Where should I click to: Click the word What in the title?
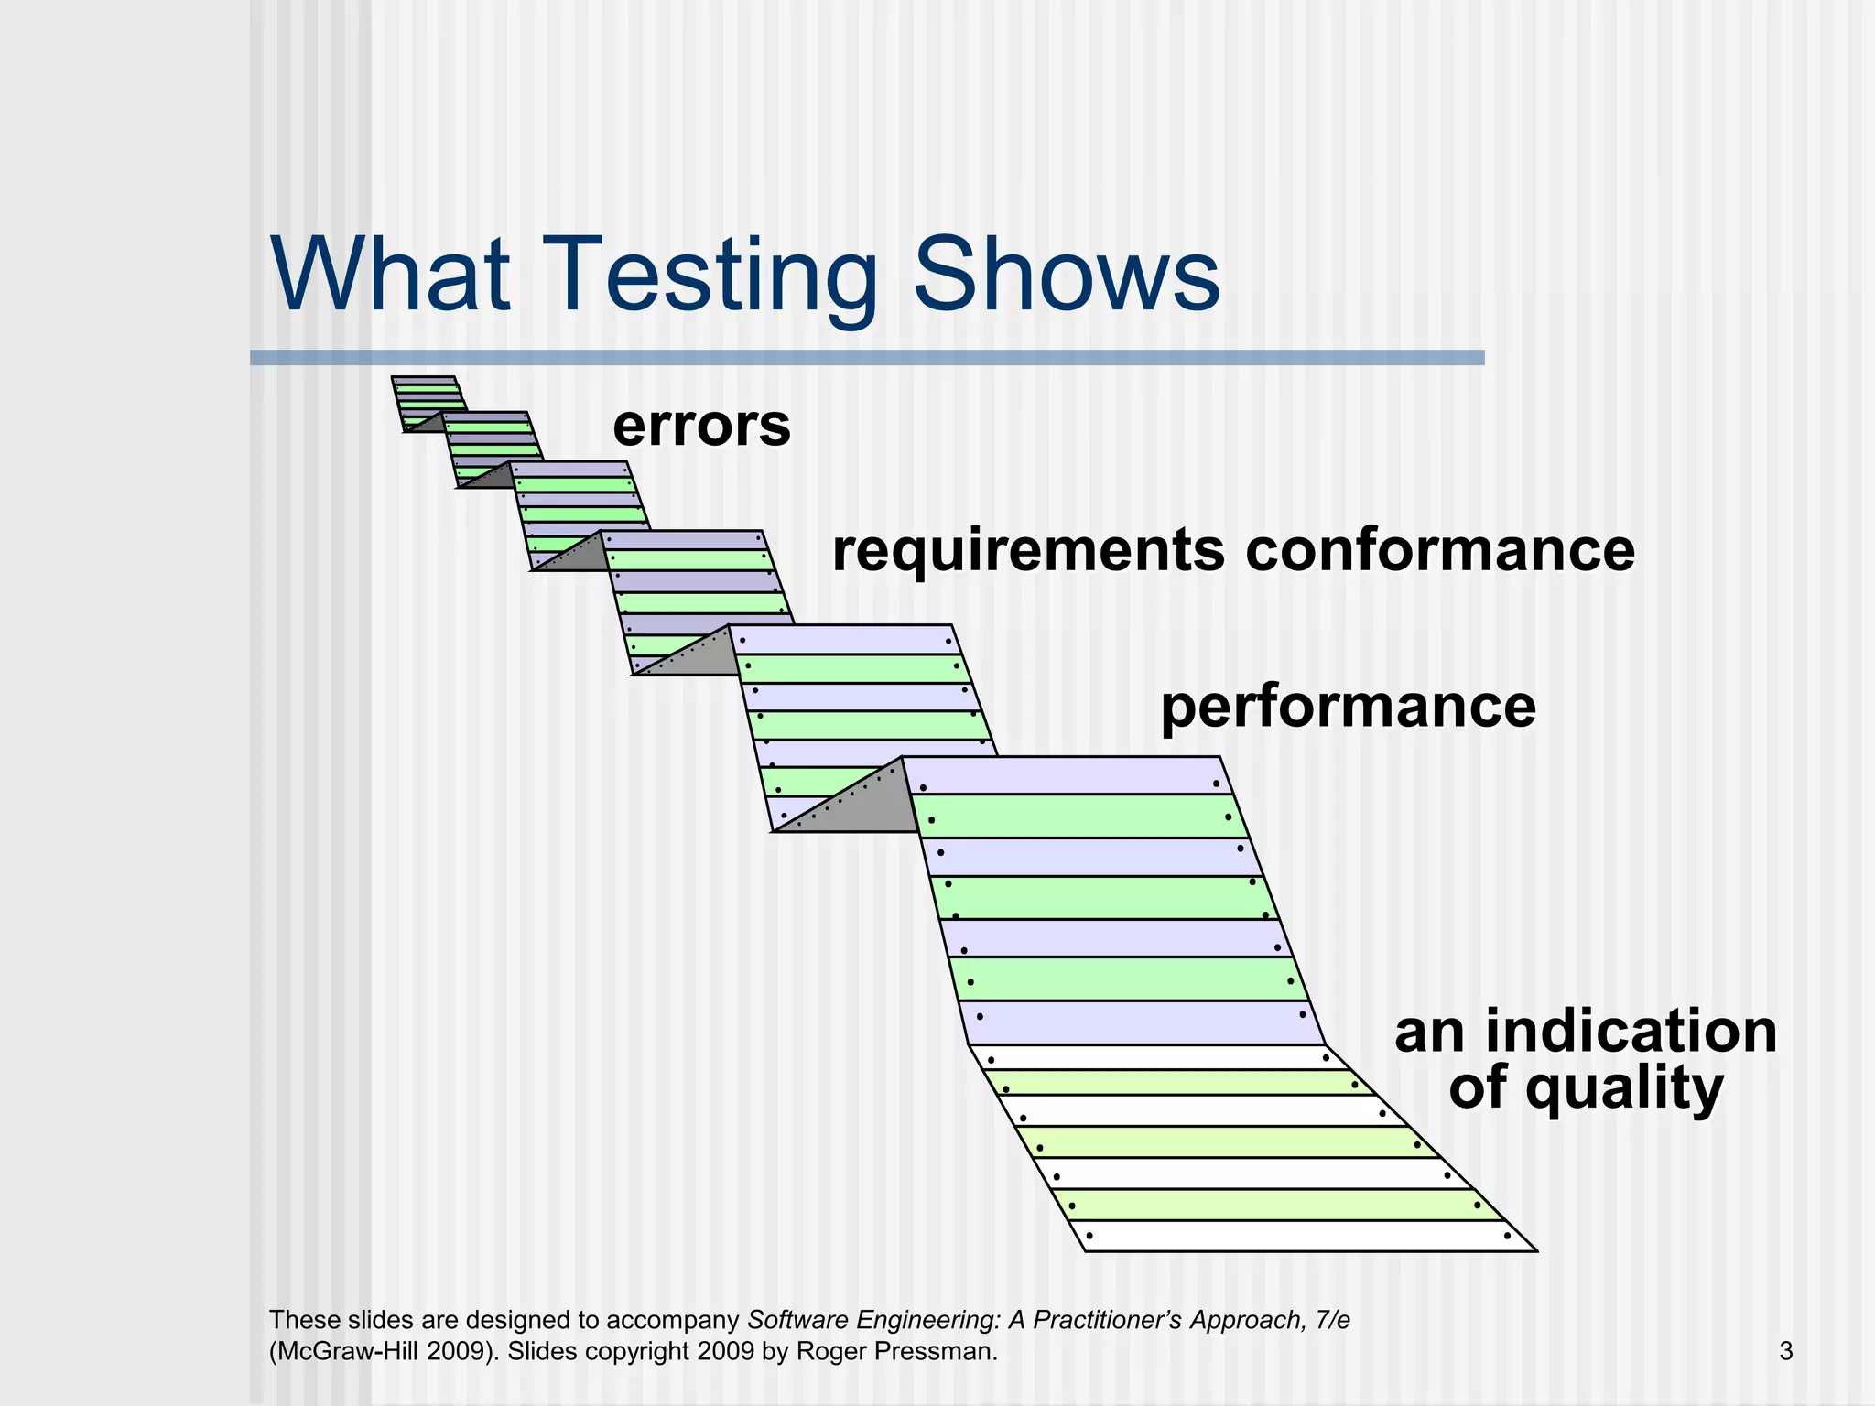(x=389, y=275)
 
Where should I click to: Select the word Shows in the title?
(x=1067, y=275)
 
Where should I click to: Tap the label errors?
(x=701, y=426)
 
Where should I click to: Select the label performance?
(x=1348, y=707)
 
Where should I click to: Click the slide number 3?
(x=1785, y=1351)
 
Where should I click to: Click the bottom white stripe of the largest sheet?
(x=1300, y=1236)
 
